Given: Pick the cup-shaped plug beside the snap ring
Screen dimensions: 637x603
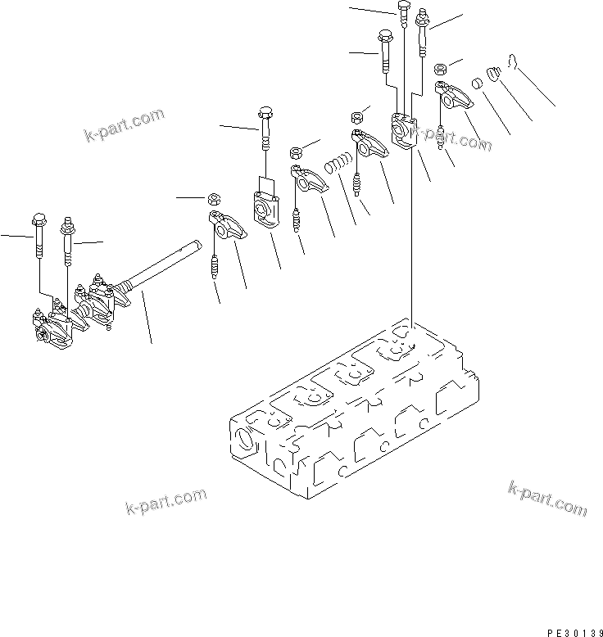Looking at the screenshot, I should (493, 76).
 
